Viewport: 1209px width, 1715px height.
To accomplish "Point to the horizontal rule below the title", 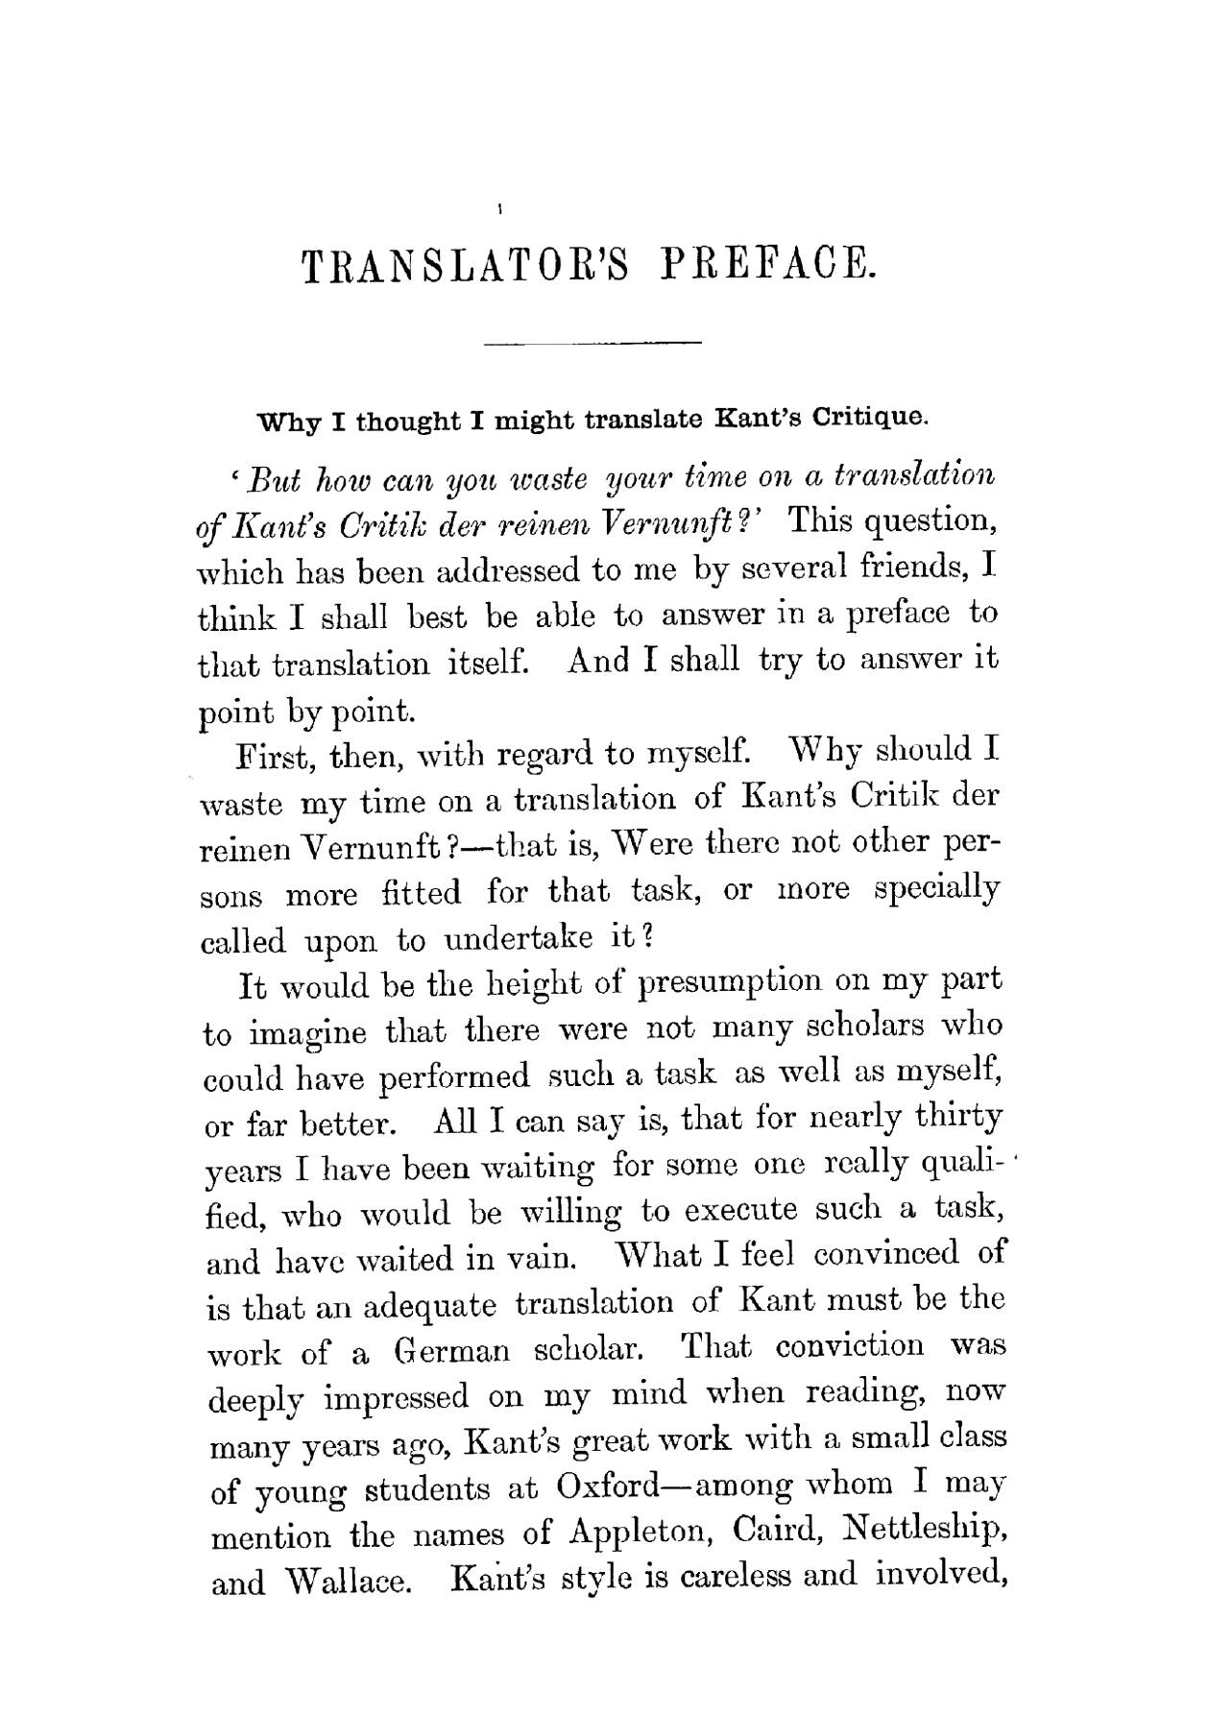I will point(594,342).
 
